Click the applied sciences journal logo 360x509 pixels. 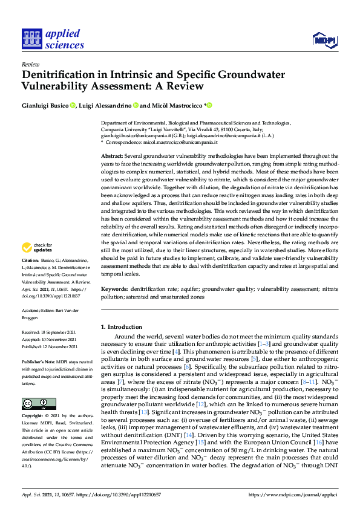pos(53,39)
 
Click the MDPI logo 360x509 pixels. pos(324,40)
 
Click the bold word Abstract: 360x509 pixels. pos(113,156)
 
